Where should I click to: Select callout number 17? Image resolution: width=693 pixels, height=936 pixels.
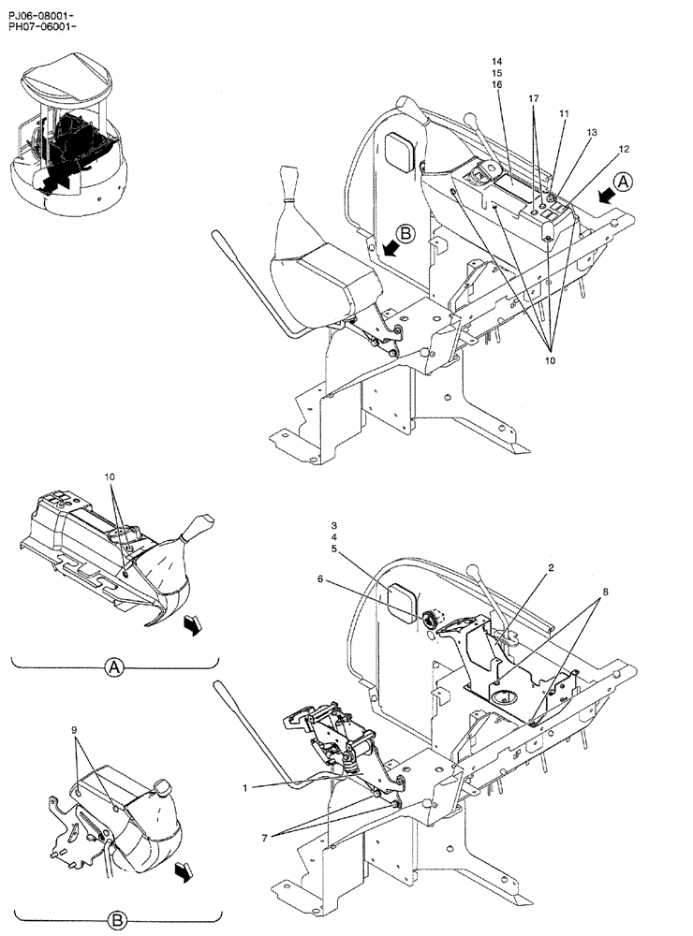pos(534,98)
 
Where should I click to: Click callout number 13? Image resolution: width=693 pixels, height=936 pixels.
pos(592,134)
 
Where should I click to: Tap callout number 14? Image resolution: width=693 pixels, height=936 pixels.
pos(497,61)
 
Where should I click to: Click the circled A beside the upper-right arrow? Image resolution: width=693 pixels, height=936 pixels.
pos(624,183)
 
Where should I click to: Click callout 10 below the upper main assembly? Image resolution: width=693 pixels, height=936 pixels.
pos(550,357)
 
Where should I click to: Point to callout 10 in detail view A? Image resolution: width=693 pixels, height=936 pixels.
pos(110,477)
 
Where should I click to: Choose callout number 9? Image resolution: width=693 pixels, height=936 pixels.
pos(74,727)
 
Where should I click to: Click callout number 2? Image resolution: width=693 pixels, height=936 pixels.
pos(551,568)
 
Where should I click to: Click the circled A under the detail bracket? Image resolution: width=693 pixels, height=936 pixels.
pos(112,667)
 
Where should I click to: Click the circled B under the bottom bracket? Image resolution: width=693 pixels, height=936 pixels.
pos(117,921)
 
